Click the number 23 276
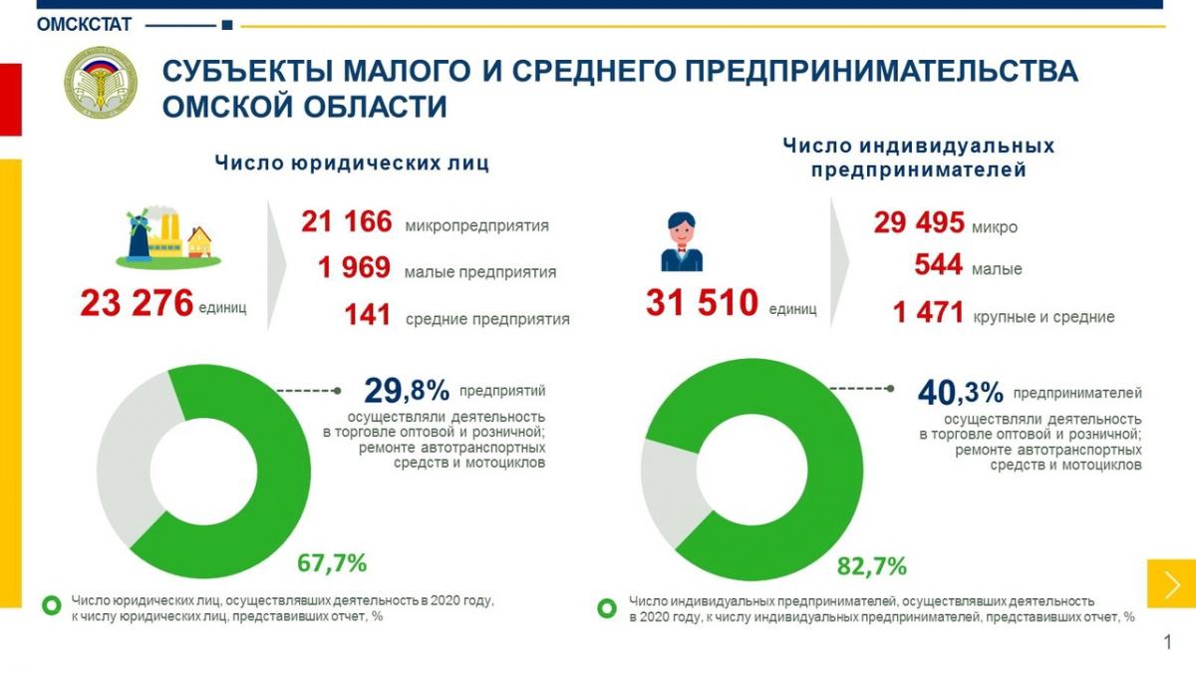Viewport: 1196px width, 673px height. click(x=138, y=303)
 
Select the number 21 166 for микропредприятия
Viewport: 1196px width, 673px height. click(x=347, y=223)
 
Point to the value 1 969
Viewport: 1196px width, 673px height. click(x=356, y=270)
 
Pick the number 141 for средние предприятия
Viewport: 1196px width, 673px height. click(x=368, y=317)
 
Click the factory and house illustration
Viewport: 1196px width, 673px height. click(x=166, y=236)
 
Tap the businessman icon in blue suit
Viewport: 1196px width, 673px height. click(x=682, y=242)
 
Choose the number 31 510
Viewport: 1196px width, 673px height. click(x=702, y=303)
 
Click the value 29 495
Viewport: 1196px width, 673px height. click(x=919, y=223)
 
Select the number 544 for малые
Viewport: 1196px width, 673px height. click(x=938, y=266)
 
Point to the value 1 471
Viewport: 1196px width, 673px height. click(x=928, y=314)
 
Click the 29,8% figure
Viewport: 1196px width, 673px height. click(x=407, y=390)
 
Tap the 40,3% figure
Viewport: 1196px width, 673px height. click(x=958, y=392)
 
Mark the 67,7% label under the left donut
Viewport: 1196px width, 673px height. click(x=332, y=563)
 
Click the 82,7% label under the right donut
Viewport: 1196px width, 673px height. click(x=872, y=567)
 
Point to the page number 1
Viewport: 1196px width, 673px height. click(x=1168, y=642)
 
